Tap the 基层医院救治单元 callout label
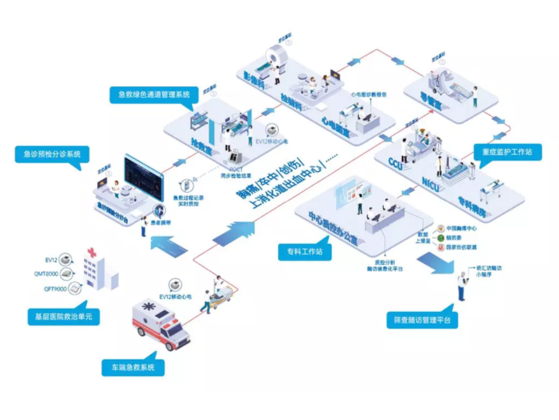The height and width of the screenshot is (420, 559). pos(59,317)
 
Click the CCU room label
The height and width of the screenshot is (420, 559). pos(396,163)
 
